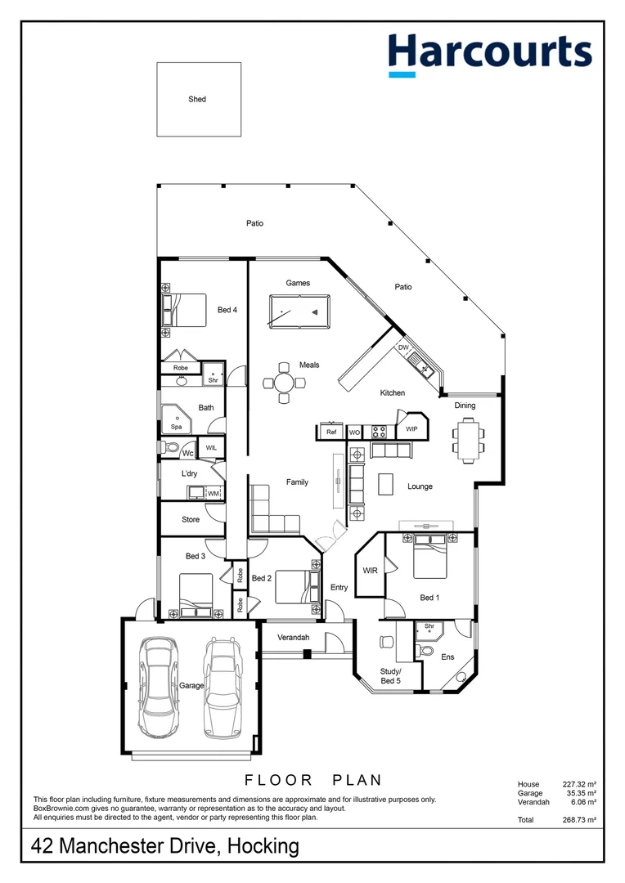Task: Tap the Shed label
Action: point(197,99)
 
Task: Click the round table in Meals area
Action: point(282,383)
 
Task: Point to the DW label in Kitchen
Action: point(402,347)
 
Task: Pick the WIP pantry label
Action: point(411,428)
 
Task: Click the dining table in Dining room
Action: point(467,438)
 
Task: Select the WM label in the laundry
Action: point(213,493)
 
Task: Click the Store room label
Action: point(191,519)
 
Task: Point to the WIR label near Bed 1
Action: point(370,571)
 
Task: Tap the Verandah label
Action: point(292,637)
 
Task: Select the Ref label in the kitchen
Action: point(331,432)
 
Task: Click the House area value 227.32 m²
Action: point(578,784)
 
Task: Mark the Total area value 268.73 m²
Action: point(578,819)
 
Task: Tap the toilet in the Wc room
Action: point(169,447)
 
